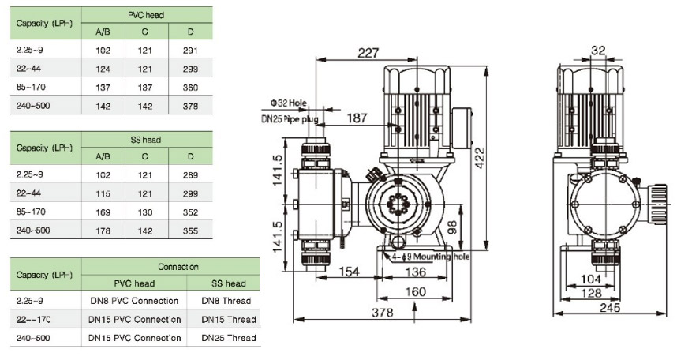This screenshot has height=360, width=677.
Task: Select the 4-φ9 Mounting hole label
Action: point(429,256)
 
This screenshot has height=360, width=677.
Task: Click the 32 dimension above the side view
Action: point(598,51)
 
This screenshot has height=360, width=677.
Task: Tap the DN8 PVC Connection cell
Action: point(134,301)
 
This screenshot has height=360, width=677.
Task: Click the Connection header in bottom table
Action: point(179,267)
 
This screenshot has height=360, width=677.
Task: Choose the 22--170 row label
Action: point(33,319)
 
